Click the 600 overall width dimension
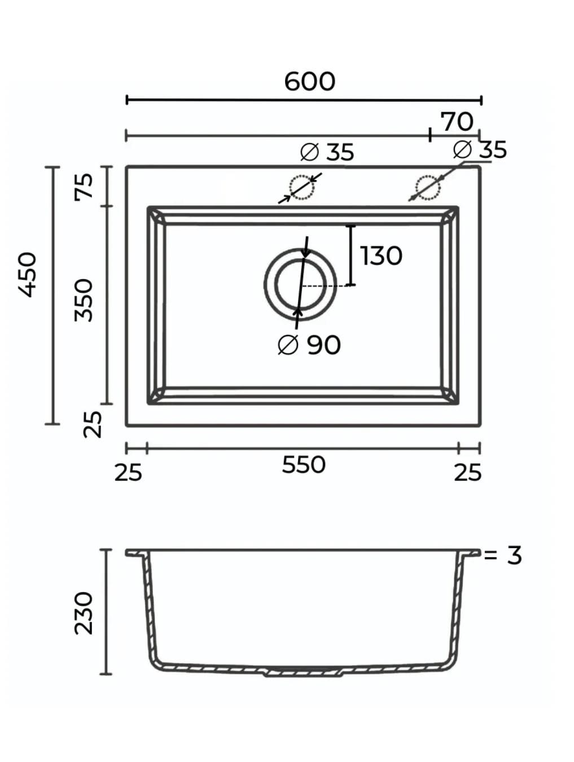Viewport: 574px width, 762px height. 310,82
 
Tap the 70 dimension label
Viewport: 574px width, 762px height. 457,122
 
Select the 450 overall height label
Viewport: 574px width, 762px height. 27,275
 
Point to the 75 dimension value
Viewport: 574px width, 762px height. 84,186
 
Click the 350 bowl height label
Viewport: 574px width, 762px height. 84,300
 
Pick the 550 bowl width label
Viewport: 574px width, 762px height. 304,465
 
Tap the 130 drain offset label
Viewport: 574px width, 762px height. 382,256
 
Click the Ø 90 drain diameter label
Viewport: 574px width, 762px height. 309,345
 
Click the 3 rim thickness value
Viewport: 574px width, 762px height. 514,556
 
